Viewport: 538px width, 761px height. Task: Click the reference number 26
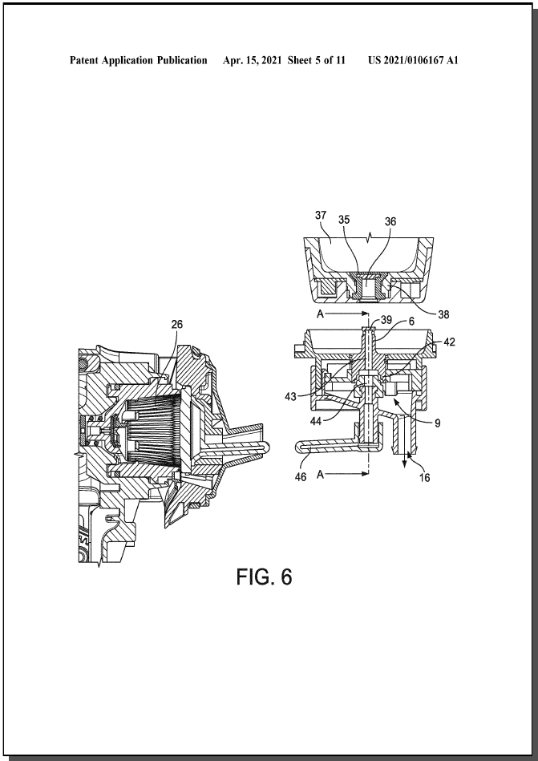point(177,324)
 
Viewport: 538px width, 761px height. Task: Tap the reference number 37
point(321,215)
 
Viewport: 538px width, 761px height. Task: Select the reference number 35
point(344,220)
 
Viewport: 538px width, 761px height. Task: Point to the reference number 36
point(390,221)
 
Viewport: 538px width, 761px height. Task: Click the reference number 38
point(443,314)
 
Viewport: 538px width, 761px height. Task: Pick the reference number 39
point(386,320)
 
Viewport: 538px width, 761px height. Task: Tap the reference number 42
point(449,342)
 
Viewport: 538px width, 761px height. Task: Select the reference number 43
point(290,397)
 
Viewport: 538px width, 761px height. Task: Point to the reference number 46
point(301,477)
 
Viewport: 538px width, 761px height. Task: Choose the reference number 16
point(424,478)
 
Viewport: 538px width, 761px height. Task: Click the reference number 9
point(438,423)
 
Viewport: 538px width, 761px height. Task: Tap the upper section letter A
point(320,314)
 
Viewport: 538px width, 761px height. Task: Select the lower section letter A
point(320,476)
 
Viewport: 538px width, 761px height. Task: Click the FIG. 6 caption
point(265,577)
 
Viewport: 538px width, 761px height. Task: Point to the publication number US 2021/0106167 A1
point(414,60)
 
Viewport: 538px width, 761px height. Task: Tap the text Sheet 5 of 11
point(316,60)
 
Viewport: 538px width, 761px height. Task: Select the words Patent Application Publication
point(138,61)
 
